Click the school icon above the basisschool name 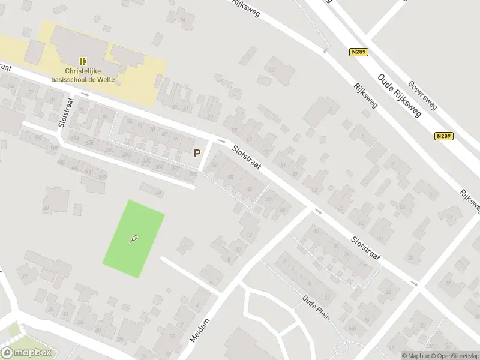tap(83, 61)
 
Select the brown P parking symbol tap(197, 153)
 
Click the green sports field tap(134, 239)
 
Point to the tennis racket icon tap(133, 239)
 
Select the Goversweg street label tap(422, 95)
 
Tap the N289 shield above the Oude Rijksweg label tap(359, 53)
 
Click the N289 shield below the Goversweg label tap(444, 136)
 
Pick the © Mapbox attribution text tap(415, 356)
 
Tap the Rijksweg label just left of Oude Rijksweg tap(366, 96)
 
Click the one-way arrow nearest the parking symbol tap(221, 141)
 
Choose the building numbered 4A tap(158, 193)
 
